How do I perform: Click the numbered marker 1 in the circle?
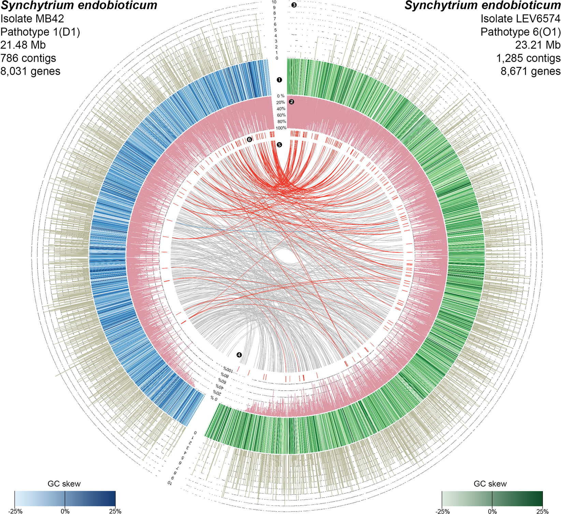pyautogui.click(x=279, y=80)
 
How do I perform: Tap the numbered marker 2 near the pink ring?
pyautogui.click(x=291, y=102)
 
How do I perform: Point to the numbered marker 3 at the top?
pyautogui.click(x=294, y=5)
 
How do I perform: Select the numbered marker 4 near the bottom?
pyautogui.click(x=239, y=355)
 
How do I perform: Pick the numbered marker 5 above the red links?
pyautogui.click(x=279, y=145)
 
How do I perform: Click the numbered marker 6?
pyautogui.click(x=249, y=140)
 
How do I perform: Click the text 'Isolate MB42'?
pyautogui.click(x=32, y=19)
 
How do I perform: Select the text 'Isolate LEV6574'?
pyautogui.click(x=520, y=19)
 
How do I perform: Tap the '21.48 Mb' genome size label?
pyautogui.click(x=23, y=45)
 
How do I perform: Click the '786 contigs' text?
pyautogui.click(x=28, y=58)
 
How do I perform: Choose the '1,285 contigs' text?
pyautogui.click(x=528, y=58)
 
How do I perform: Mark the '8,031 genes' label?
pyautogui.click(x=30, y=71)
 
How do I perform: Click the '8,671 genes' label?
pyautogui.click(x=531, y=71)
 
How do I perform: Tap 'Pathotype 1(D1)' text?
pyautogui.click(x=40, y=32)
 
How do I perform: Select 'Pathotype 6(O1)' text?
pyautogui.click(x=520, y=32)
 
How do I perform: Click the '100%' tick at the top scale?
pyautogui.click(x=281, y=128)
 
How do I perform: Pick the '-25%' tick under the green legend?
pyautogui.click(x=443, y=511)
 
